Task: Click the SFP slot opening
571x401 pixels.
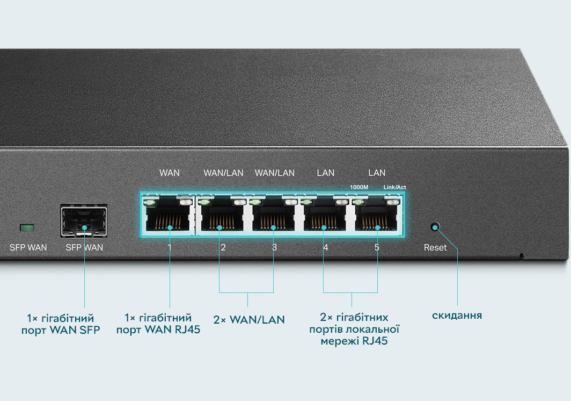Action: (x=84, y=221)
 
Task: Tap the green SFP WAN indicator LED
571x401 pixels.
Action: (x=27, y=228)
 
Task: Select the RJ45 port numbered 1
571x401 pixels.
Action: (x=169, y=214)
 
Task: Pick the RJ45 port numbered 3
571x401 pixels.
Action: (x=273, y=214)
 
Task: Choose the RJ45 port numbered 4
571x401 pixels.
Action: (x=324, y=214)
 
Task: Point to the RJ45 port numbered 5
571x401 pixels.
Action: (x=376, y=214)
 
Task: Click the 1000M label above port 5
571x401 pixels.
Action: (x=359, y=187)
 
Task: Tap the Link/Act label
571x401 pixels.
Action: (x=395, y=187)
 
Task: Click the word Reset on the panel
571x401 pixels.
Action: (x=435, y=247)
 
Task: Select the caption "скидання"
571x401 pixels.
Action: (x=457, y=315)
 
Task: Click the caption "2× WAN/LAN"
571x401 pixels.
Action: (x=249, y=320)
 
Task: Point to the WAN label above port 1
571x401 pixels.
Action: (x=170, y=173)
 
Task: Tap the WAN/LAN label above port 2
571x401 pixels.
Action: (x=223, y=173)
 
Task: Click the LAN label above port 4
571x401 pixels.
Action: (x=326, y=173)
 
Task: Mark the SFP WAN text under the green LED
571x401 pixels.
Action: (x=28, y=247)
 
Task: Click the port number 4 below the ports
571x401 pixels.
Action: (x=326, y=247)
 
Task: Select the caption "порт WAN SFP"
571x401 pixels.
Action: (x=61, y=330)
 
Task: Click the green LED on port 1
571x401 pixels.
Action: (x=149, y=202)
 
